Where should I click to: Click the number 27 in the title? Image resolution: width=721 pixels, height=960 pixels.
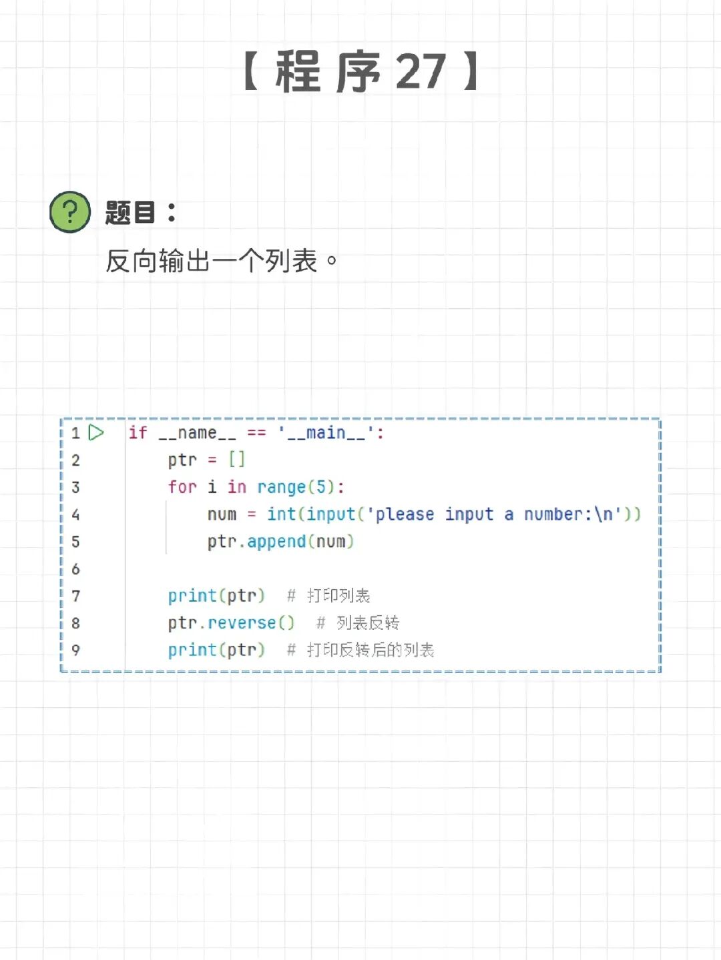point(421,71)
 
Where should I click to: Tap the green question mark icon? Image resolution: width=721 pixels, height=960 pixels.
point(70,212)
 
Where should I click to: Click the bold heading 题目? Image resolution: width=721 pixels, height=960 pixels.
point(131,213)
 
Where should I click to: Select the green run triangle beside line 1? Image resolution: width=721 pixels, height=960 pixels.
point(96,433)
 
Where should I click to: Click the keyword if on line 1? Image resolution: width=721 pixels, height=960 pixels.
point(138,433)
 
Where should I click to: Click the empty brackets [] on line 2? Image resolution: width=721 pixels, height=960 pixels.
point(237,460)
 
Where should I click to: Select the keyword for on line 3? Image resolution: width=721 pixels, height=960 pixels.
point(182,487)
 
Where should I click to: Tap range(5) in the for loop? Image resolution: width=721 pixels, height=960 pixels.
point(296,487)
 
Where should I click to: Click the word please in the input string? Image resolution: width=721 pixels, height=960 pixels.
point(405,514)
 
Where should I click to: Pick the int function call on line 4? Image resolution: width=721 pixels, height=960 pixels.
point(281,514)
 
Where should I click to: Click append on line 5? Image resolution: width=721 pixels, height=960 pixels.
point(276,541)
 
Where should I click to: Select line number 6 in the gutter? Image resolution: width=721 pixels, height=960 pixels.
point(75,569)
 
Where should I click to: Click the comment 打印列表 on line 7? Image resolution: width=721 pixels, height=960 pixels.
point(338,596)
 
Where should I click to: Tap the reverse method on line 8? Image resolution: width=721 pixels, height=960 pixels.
point(242,623)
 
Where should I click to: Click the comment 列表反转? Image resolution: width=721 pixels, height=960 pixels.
point(368,623)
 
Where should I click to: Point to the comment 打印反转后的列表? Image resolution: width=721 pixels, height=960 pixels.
point(371,650)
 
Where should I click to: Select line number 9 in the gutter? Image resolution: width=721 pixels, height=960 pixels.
point(75,650)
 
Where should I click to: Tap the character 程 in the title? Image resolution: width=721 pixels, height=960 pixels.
point(298,72)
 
